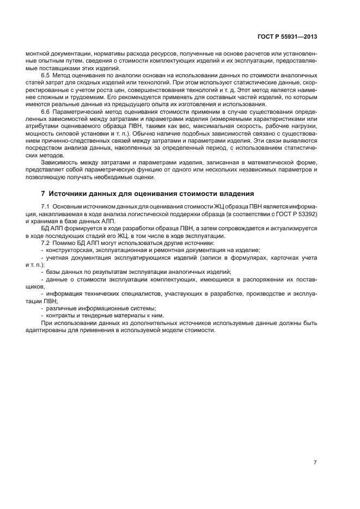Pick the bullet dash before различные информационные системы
(x=42, y=308)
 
